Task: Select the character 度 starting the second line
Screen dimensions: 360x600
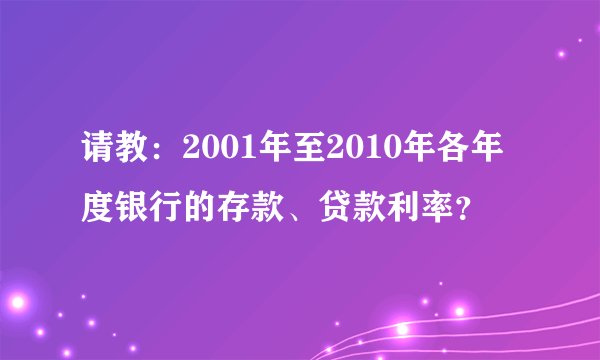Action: [99, 211]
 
